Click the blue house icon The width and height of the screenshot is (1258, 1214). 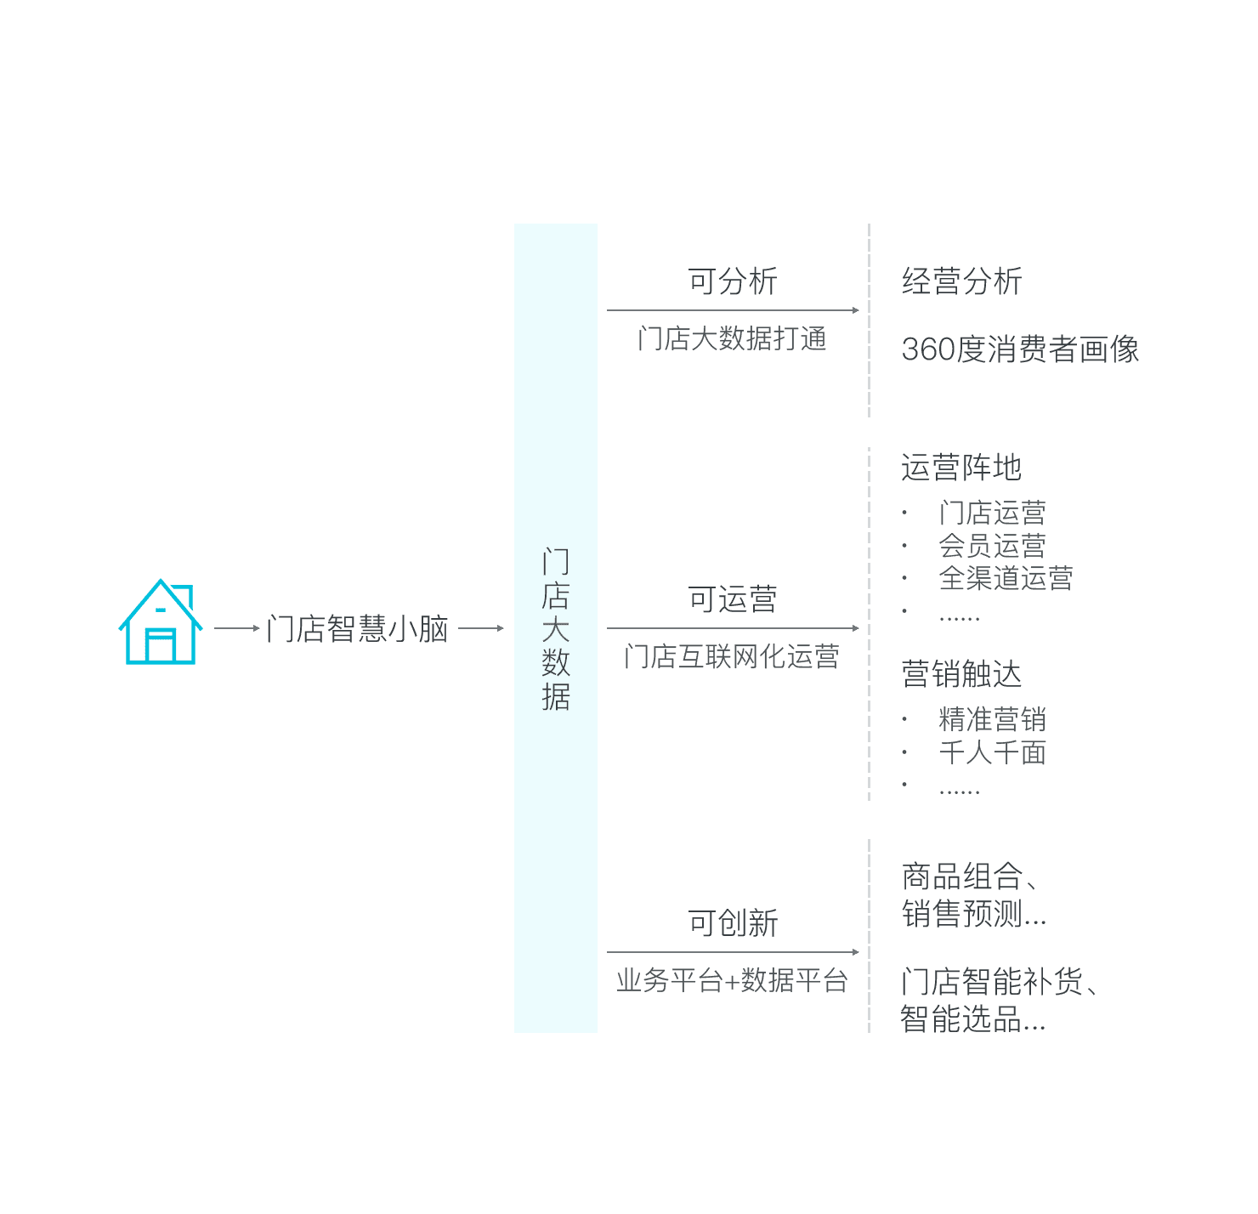tap(161, 621)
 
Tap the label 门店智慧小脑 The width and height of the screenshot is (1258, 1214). tap(358, 629)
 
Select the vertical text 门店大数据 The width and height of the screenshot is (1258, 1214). tap(555, 629)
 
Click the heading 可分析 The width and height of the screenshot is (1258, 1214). tap(732, 281)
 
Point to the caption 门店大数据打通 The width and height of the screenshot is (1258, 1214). tap(732, 338)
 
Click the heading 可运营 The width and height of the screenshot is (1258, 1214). tap(732, 598)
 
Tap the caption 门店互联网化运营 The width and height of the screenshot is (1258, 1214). tap(732, 657)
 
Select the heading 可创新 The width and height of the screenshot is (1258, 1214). tap(732, 922)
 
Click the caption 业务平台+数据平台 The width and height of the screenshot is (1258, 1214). tap(732, 981)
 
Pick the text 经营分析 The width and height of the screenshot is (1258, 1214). tap(961, 281)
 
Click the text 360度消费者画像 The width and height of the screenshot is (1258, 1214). tap(1019, 349)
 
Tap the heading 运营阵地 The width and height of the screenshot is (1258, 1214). tap(961, 468)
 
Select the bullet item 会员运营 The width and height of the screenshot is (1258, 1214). tap(992, 546)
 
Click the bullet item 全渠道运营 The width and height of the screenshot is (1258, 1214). tap(1006, 578)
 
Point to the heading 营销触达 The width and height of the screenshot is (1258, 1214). tap(961, 674)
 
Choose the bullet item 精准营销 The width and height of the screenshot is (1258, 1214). tap(992, 719)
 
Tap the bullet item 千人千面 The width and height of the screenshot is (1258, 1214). tap(992, 752)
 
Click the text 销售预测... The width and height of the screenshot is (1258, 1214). tap(961, 914)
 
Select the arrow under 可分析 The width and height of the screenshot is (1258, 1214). tap(733, 310)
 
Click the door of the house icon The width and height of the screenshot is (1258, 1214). tap(161, 645)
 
